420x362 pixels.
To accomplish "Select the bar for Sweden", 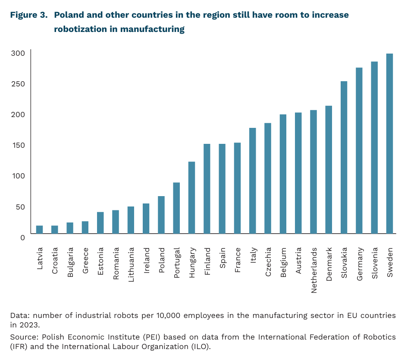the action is [x=389, y=143].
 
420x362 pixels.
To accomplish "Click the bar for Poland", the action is [x=161, y=215].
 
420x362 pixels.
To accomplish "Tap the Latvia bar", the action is [x=39, y=230].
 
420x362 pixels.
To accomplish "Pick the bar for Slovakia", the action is [x=344, y=158].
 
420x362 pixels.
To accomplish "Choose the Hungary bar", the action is [x=192, y=198].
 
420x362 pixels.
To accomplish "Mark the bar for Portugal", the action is [x=176, y=208].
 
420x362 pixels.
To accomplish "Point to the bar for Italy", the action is [x=253, y=181].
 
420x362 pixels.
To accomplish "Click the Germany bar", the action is [x=359, y=150].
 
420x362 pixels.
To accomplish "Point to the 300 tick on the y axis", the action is [x=18, y=53].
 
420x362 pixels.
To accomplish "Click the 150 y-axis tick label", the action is [x=19, y=145].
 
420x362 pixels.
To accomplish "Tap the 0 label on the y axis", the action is [x=22, y=238].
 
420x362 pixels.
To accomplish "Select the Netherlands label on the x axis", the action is [x=314, y=270].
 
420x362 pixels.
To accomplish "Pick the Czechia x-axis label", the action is [x=268, y=262].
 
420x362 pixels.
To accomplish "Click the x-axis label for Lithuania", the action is [x=131, y=265].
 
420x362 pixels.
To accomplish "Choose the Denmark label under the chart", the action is [x=329, y=264].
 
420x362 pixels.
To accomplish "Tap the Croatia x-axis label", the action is [x=55, y=260].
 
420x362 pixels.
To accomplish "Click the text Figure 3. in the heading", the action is [x=29, y=15].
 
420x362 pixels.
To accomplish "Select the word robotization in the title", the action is [x=80, y=29].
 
